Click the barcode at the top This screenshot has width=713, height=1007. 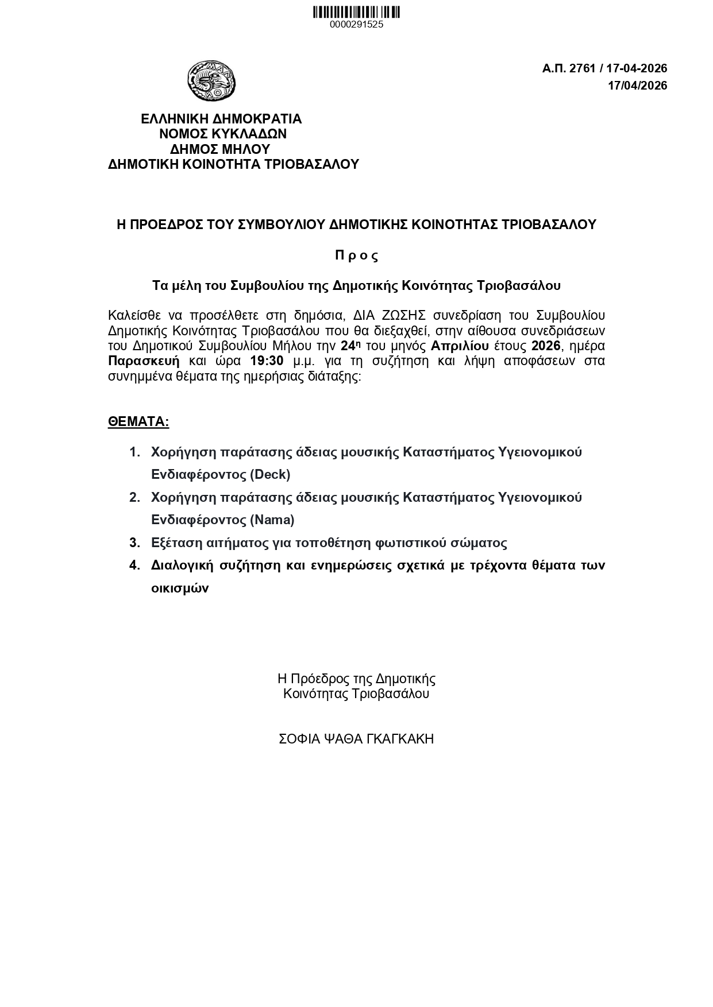pyautogui.click(x=356, y=12)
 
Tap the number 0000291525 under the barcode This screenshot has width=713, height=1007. pyautogui.click(x=356, y=25)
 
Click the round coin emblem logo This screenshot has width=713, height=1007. pyautogui.click(x=211, y=81)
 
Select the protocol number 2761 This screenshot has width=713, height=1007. pyautogui.click(x=581, y=68)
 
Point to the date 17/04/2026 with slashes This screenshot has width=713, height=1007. pyautogui.click(x=638, y=86)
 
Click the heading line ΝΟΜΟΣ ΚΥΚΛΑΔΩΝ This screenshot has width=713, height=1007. pyautogui.click(x=222, y=134)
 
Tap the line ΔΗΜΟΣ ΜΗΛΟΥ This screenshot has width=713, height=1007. pyautogui.click(x=220, y=149)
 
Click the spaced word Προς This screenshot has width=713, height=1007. pyautogui.click(x=357, y=255)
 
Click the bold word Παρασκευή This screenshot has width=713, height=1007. pyautogui.click(x=144, y=361)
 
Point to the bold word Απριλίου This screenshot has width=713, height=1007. pyautogui.click(x=460, y=346)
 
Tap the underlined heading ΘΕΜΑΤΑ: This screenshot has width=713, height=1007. pyautogui.click(x=138, y=422)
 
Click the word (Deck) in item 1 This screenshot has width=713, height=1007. pyautogui.click(x=270, y=475)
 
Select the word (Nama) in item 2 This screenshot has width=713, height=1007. pyautogui.click(x=272, y=520)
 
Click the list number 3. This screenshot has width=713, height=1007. pyautogui.click(x=134, y=543)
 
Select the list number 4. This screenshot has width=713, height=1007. pyautogui.click(x=134, y=566)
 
